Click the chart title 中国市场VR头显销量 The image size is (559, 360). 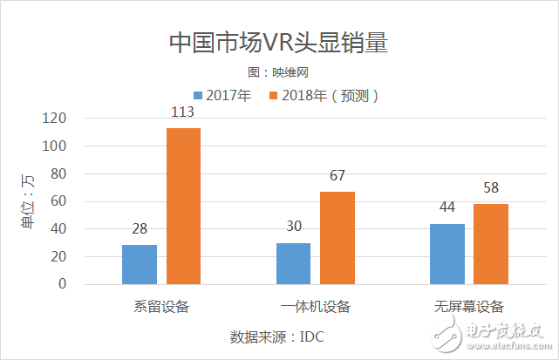pos(278,44)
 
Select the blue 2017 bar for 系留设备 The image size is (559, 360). pos(140,264)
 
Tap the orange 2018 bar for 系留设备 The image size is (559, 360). pos(183,206)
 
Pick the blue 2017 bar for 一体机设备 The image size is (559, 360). pos(293,263)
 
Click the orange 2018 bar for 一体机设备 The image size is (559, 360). pos(337,237)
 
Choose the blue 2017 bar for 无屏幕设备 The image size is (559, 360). pos(447,254)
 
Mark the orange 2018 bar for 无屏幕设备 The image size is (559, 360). pos(491,244)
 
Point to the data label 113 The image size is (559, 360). pos(183,112)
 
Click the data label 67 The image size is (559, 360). pos(337,176)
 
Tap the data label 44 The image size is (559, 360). pos(447,207)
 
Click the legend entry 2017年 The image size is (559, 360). pos(222,95)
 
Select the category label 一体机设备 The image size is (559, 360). pos(315,306)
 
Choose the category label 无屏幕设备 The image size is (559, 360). pos(469,306)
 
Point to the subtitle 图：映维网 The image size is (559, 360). pos(278,72)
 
